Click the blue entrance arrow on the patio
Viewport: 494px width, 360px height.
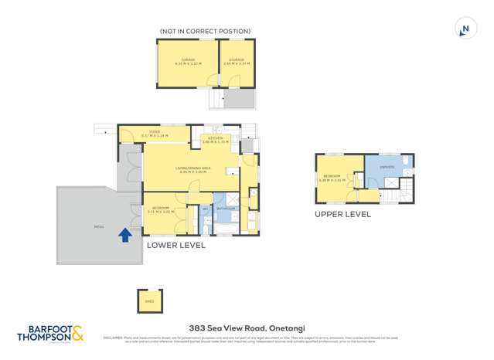point(124,235)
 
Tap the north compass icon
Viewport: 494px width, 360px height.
point(465,29)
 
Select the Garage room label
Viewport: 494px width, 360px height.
point(187,60)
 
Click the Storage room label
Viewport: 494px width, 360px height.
point(237,60)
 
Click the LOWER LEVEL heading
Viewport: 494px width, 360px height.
point(176,246)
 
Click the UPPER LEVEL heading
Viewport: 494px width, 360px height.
point(342,214)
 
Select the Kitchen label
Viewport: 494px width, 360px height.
point(216,139)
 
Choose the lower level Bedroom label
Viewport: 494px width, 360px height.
point(161,209)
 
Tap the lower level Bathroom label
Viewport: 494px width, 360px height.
point(226,209)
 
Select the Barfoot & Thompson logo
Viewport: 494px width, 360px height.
point(51,333)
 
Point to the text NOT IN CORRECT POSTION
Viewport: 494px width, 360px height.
point(205,32)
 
